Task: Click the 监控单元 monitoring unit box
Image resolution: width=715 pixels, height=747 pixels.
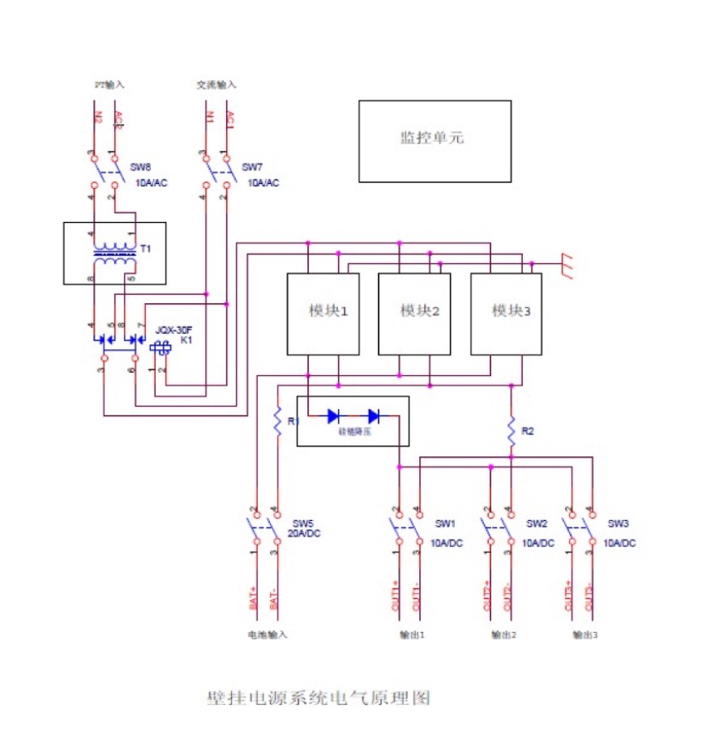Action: [435, 140]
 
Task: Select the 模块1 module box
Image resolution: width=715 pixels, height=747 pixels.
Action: [323, 313]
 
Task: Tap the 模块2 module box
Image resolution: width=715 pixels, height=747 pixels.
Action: [414, 313]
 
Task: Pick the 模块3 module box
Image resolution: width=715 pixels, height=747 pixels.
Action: [507, 313]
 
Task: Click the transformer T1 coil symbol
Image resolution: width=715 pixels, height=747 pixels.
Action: [114, 254]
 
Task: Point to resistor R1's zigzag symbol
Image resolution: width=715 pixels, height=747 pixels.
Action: [277, 423]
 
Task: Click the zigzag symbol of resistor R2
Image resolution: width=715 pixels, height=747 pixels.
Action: [512, 431]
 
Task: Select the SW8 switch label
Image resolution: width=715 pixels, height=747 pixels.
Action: [141, 167]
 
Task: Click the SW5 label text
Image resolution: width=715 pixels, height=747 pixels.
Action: [302, 523]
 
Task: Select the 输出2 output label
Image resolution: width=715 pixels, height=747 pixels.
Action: [503, 634]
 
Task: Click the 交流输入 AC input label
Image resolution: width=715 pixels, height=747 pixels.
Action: [216, 83]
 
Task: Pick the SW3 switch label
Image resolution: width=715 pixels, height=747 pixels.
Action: [618, 523]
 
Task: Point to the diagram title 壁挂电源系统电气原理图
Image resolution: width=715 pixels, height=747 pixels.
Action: [318, 698]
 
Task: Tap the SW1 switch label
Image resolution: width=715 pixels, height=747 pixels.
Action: [445, 523]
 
